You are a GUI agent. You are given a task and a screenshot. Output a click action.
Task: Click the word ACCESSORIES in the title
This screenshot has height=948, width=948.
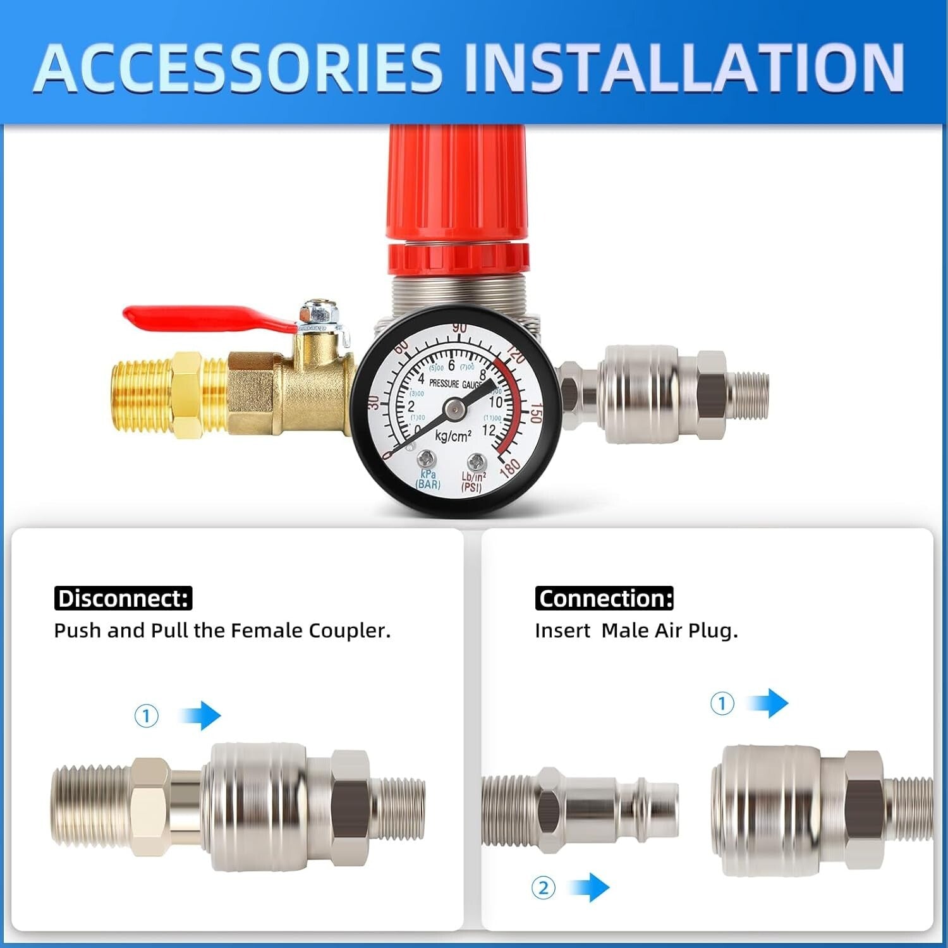tap(239, 68)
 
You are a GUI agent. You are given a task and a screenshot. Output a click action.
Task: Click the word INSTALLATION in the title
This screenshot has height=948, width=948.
tap(684, 68)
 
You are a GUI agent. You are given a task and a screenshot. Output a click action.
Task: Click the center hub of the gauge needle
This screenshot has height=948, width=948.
tap(454, 410)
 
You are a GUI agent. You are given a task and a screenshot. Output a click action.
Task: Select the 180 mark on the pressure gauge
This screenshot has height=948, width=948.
tap(509, 468)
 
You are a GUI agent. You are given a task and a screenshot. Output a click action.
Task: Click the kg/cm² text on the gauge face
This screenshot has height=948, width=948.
tap(453, 436)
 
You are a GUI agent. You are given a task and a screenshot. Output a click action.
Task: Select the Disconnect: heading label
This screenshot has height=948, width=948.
tap(123, 599)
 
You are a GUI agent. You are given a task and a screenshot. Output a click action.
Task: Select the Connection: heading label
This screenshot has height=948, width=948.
tap(604, 599)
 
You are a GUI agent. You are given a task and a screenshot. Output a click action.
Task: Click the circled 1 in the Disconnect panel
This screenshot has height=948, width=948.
tap(147, 716)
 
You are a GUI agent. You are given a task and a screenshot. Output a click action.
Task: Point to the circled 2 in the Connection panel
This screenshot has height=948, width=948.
tap(544, 888)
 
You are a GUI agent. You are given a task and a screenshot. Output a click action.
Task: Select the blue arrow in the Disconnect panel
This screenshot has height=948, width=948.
tap(201, 715)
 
